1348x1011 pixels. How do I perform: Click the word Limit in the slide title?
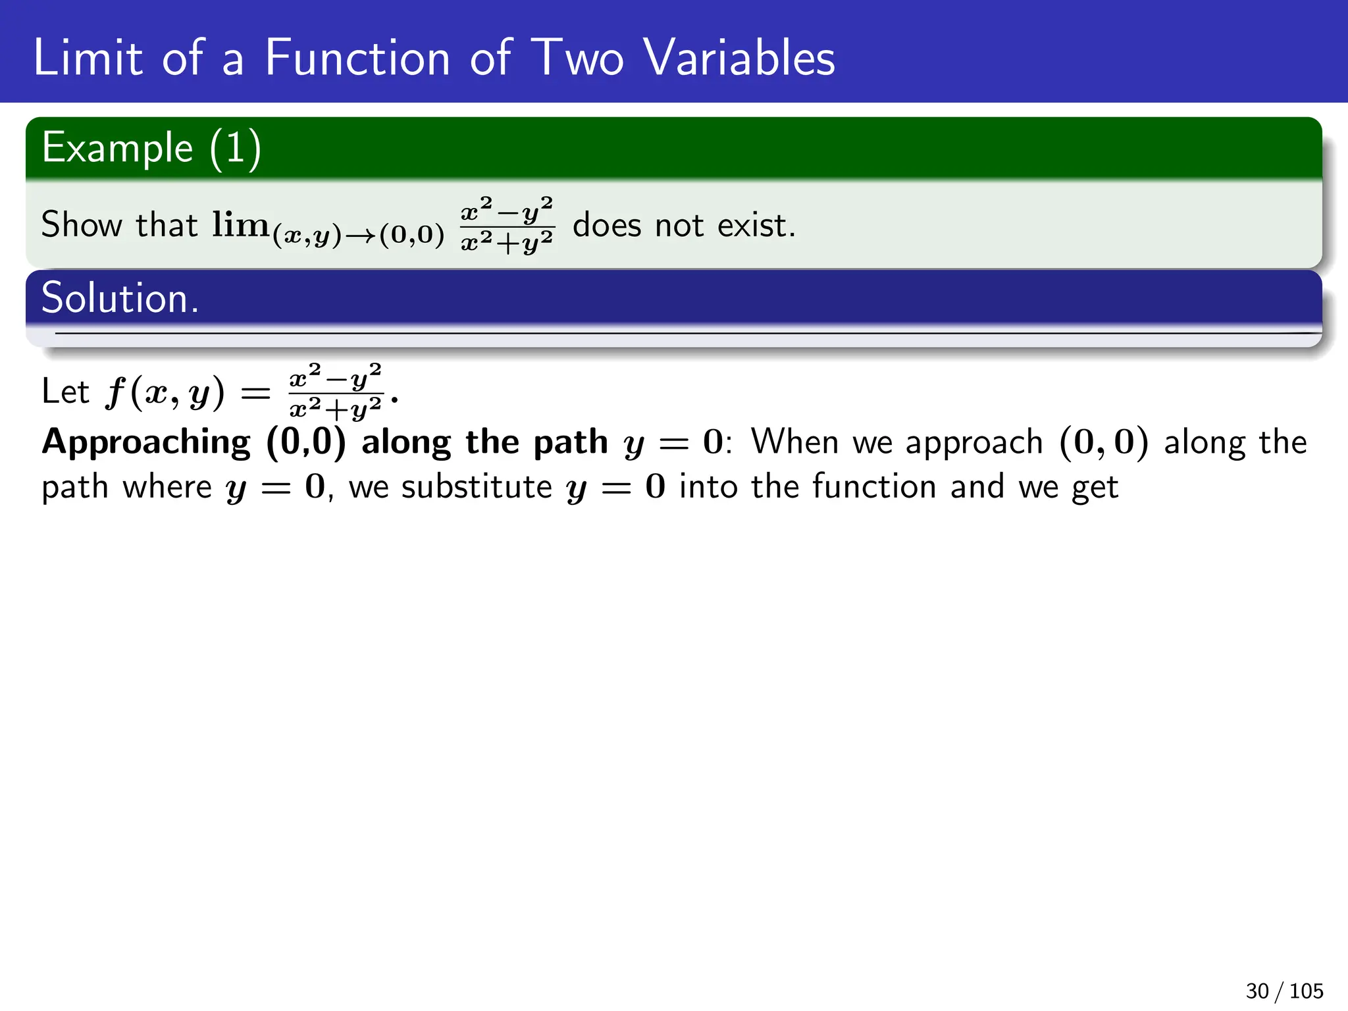tap(88, 58)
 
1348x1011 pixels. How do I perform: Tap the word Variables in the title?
tap(739, 58)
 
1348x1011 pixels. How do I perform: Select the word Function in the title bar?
tap(357, 58)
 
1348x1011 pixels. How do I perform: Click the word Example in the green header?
tap(117, 148)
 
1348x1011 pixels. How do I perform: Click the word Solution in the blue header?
tap(119, 298)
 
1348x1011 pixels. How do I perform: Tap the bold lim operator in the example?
tap(240, 225)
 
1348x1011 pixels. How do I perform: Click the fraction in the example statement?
tap(507, 225)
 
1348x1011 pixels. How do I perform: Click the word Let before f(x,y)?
tap(65, 392)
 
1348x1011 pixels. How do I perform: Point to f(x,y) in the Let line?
tap(165, 393)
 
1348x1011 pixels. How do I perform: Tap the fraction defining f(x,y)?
tap(336, 392)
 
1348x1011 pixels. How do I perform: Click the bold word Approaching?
tap(146, 442)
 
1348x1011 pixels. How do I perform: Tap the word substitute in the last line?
tap(477, 488)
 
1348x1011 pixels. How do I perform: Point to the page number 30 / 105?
tap(1283, 991)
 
